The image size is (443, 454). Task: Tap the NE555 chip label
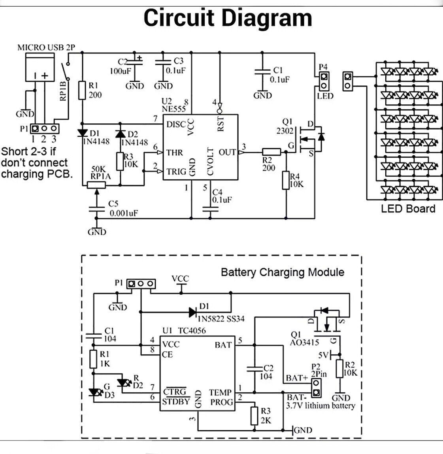click(173, 108)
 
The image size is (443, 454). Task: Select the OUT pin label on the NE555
click(227, 152)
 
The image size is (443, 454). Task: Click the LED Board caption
click(408, 209)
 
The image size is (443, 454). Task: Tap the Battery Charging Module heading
click(282, 272)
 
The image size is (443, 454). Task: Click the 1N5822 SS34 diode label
click(222, 318)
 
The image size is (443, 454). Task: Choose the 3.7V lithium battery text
click(320, 405)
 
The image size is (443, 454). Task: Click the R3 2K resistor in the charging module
click(254, 416)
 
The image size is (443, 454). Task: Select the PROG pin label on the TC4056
click(221, 402)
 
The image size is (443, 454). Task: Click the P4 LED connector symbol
click(324, 81)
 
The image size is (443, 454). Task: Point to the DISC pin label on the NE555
click(176, 124)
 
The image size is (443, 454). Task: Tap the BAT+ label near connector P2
click(297, 378)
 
